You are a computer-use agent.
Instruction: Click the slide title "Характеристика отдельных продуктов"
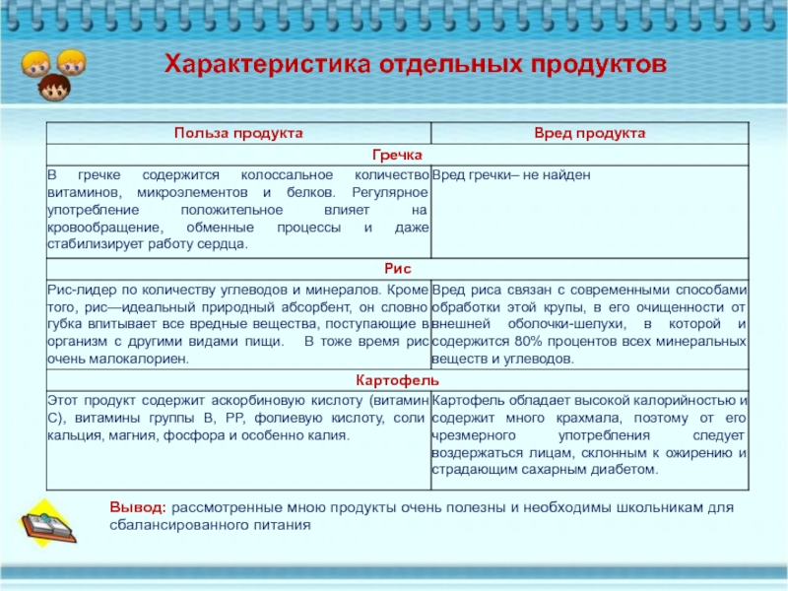click(414, 64)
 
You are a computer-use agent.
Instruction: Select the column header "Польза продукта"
click(237, 132)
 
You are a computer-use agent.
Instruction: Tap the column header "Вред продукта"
click(589, 132)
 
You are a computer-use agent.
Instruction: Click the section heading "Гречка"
click(398, 154)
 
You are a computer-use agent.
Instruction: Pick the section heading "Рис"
click(398, 268)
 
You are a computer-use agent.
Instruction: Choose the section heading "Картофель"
click(398, 380)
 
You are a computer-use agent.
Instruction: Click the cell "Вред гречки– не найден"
click(512, 173)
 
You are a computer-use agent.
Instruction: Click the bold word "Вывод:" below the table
click(137, 507)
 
